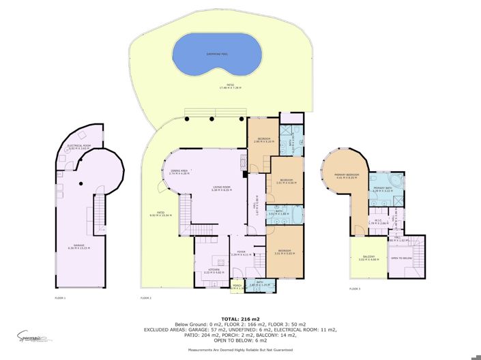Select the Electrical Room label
[78, 147]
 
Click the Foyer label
[241, 254]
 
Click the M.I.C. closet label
[378, 222]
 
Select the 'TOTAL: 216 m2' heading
[240, 318]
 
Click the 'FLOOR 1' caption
[60, 298]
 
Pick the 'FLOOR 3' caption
[354, 288]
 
